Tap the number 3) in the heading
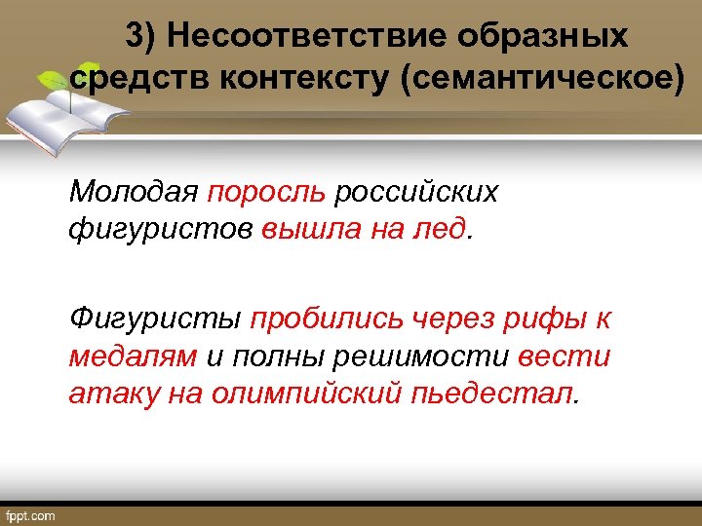pos(141,38)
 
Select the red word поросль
pos(266,192)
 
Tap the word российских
pos(415,191)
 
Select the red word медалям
pos(133,357)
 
